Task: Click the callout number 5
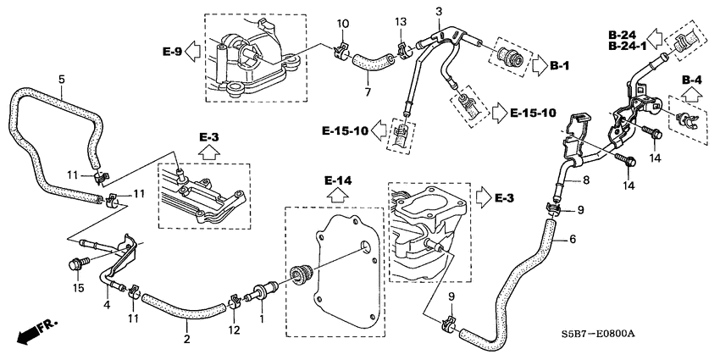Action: click(x=61, y=80)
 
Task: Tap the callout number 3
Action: click(x=439, y=10)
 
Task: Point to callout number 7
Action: click(x=367, y=91)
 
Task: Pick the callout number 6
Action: click(x=572, y=240)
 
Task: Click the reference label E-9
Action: click(x=172, y=52)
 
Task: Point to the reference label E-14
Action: click(x=336, y=180)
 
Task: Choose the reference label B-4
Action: click(x=693, y=80)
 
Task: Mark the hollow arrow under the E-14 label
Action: click(x=336, y=196)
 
